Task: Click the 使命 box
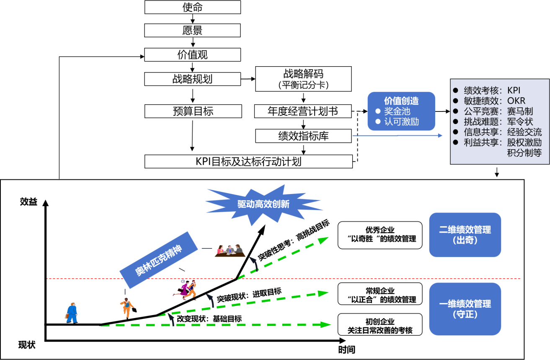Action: [193, 7]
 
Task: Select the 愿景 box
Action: [193, 31]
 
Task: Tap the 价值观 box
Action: [193, 55]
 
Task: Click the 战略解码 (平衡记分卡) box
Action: [303, 79]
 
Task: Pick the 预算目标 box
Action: [193, 111]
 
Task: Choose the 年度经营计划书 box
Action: [303, 111]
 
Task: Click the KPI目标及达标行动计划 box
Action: [248, 161]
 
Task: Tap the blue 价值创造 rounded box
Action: [401, 111]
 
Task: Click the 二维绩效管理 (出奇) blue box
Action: [465, 235]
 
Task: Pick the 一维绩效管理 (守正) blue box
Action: [465, 309]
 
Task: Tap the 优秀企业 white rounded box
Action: [380, 235]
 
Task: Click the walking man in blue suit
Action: [72, 313]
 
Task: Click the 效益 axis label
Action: [28, 202]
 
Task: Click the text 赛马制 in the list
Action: [520, 111]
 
